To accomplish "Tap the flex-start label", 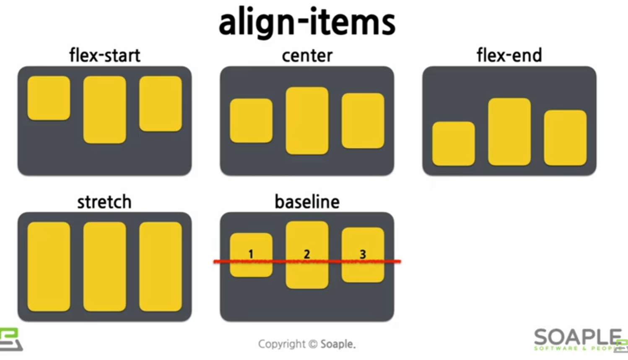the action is pyautogui.click(x=104, y=55).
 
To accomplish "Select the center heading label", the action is pyautogui.click(x=307, y=55).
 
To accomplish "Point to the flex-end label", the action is pyautogui.click(x=509, y=55).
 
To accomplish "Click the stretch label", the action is pyautogui.click(x=104, y=202).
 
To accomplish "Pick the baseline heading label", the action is pyautogui.click(x=307, y=202).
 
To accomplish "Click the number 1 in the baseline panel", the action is pyautogui.click(x=251, y=254).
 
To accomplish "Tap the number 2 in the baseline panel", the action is pyautogui.click(x=307, y=254).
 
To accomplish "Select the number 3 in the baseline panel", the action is pyautogui.click(x=363, y=254).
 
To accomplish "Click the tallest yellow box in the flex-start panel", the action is pyautogui.click(x=104, y=110).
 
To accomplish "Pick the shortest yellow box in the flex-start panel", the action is pyautogui.click(x=49, y=98).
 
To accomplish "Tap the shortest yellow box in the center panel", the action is pyautogui.click(x=251, y=121).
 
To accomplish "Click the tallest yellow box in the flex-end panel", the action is pyautogui.click(x=509, y=132).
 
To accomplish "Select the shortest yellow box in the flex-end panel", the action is pyautogui.click(x=454, y=143).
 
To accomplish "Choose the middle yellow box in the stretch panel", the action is pyautogui.click(x=104, y=267).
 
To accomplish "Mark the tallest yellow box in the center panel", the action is pyautogui.click(x=307, y=121).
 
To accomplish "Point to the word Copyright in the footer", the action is pyautogui.click(x=282, y=344).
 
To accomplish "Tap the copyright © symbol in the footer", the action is pyautogui.click(x=313, y=344).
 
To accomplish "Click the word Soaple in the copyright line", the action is pyautogui.click(x=337, y=344).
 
